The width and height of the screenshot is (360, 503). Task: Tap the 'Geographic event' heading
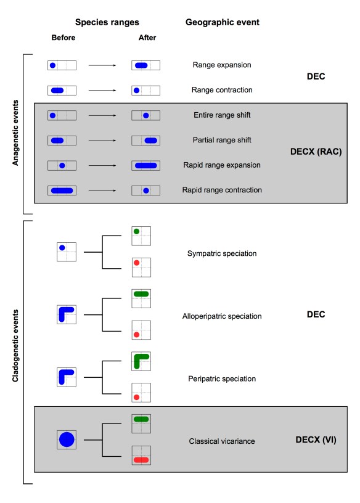pyautogui.click(x=222, y=23)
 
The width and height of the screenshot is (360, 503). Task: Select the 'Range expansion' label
pyautogui.click(x=222, y=65)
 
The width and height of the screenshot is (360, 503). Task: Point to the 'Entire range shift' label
pyautogui.click(x=222, y=115)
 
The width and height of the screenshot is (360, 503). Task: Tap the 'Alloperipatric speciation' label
pyautogui.click(x=223, y=316)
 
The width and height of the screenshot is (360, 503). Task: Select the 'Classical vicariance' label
pyautogui.click(x=223, y=441)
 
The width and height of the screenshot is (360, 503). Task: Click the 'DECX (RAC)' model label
pyautogui.click(x=316, y=152)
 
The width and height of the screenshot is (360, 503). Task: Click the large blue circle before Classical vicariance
pyautogui.click(x=66, y=440)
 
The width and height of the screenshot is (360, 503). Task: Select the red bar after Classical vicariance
pyautogui.click(x=141, y=459)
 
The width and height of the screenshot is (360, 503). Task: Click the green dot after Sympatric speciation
pyautogui.click(x=137, y=232)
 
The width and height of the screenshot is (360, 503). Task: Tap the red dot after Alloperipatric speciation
pyautogui.click(x=137, y=335)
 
